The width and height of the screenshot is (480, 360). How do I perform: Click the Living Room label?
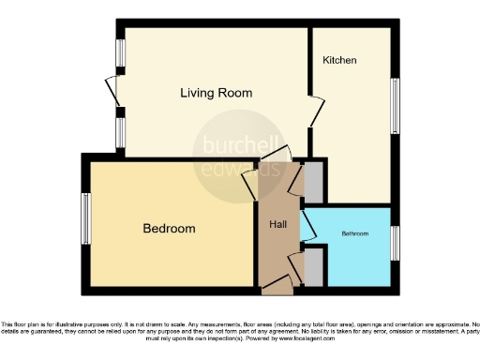click(x=217, y=93)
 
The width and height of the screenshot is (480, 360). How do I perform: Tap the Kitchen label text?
click(x=339, y=60)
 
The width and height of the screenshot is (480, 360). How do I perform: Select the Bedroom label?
click(x=169, y=229)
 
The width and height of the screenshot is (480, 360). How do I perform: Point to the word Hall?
click(x=278, y=225)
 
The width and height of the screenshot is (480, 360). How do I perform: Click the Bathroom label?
click(x=354, y=232)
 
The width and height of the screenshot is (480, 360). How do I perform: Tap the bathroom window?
click(x=396, y=241)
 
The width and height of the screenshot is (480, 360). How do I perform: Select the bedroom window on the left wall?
click(x=85, y=217)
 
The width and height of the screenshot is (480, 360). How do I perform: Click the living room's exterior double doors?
click(x=112, y=93)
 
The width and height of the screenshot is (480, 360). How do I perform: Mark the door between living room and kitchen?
click(x=314, y=112)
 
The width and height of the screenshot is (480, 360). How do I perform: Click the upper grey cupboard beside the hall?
click(x=314, y=180)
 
